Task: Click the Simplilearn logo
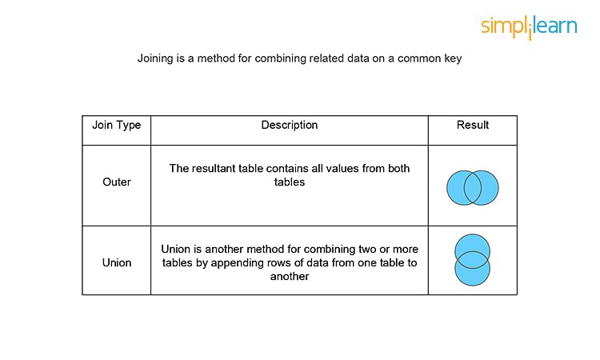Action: (529, 26)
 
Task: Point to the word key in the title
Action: (453, 58)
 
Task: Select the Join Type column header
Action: (117, 125)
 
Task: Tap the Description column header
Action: (290, 125)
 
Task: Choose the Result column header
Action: (473, 125)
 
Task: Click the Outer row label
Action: (117, 182)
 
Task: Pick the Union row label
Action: (117, 263)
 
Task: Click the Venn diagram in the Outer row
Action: (473, 188)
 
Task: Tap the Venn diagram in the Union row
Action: (473, 260)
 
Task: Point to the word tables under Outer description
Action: (290, 182)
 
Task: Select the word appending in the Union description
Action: (234, 263)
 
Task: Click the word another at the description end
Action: (290, 277)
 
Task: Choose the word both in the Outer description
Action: (398, 169)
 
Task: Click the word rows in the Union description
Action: (270, 263)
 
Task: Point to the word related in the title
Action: (326, 58)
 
